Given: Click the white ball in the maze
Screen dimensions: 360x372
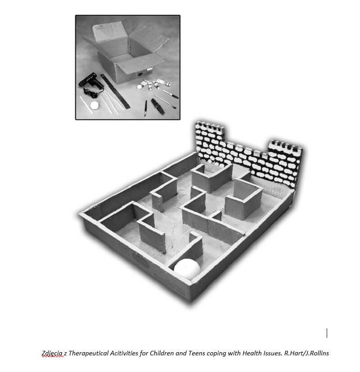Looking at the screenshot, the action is (x=187, y=269).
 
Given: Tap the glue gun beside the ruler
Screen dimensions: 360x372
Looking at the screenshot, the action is (x=91, y=84).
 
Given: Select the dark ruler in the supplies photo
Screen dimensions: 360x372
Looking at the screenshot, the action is (x=115, y=91).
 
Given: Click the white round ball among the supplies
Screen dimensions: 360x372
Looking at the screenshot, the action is (x=94, y=105).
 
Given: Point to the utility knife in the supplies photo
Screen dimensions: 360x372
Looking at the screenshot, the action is (x=158, y=107).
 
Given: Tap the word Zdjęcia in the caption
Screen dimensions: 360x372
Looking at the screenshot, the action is (x=52, y=353).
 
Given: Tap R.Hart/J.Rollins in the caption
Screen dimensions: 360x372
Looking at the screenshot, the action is (x=306, y=353).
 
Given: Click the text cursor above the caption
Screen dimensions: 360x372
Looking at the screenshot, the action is (x=327, y=333).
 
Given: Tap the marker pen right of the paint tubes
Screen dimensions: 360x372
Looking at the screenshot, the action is (x=171, y=94).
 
